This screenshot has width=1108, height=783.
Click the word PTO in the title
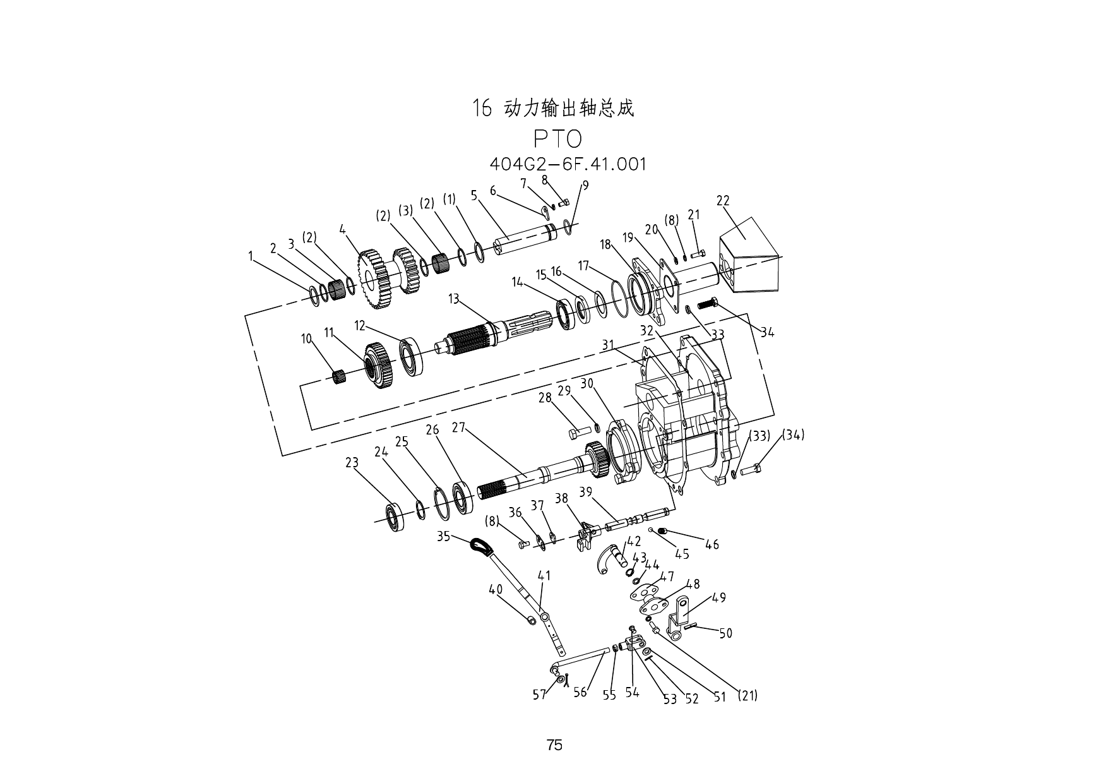point(557,140)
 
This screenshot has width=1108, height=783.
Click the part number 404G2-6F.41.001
point(568,164)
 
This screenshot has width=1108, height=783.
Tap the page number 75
point(554,745)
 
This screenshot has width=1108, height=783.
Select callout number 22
point(723,201)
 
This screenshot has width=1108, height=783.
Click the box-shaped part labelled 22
point(750,256)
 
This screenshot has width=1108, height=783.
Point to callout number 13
point(454,299)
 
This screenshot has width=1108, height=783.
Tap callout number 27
point(458,427)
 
